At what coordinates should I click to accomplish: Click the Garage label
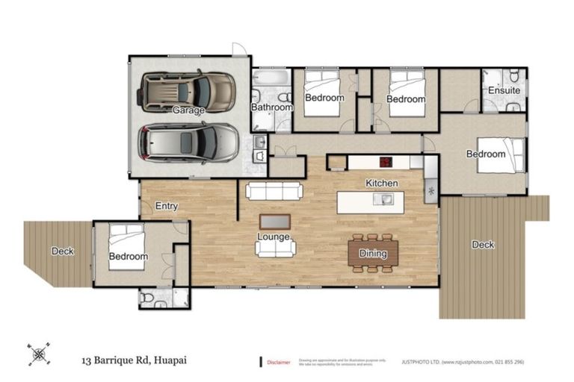pyautogui.click(x=188, y=110)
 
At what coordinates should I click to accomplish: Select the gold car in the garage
pyautogui.click(x=187, y=91)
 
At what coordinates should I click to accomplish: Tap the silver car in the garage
pyautogui.click(x=189, y=142)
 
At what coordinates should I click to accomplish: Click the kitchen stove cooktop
pyautogui.click(x=386, y=161)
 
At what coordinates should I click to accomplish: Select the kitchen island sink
pyautogui.click(x=385, y=198)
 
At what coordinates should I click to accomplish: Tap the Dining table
pyautogui.click(x=373, y=254)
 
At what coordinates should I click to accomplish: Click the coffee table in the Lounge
pyautogui.click(x=276, y=222)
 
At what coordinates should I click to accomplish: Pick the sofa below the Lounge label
pyautogui.click(x=275, y=249)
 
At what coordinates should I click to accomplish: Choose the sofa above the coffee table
pyautogui.click(x=275, y=191)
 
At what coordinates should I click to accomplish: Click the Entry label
pyautogui.click(x=166, y=206)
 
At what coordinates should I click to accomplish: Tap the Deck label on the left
pyautogui.click(x=63, y=251)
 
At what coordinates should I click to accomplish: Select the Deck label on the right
pyautogui.click(x=483, y=245)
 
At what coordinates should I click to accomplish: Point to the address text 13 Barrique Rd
pyautogui.click(x=134, y=360)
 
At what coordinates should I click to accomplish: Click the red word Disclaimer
pyautogui.click(x=279, y=363)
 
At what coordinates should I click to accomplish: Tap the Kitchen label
pyautogui.click(x=381, y=183)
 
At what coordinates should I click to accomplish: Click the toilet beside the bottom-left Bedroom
pyautogui.click(x=148, y=298)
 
